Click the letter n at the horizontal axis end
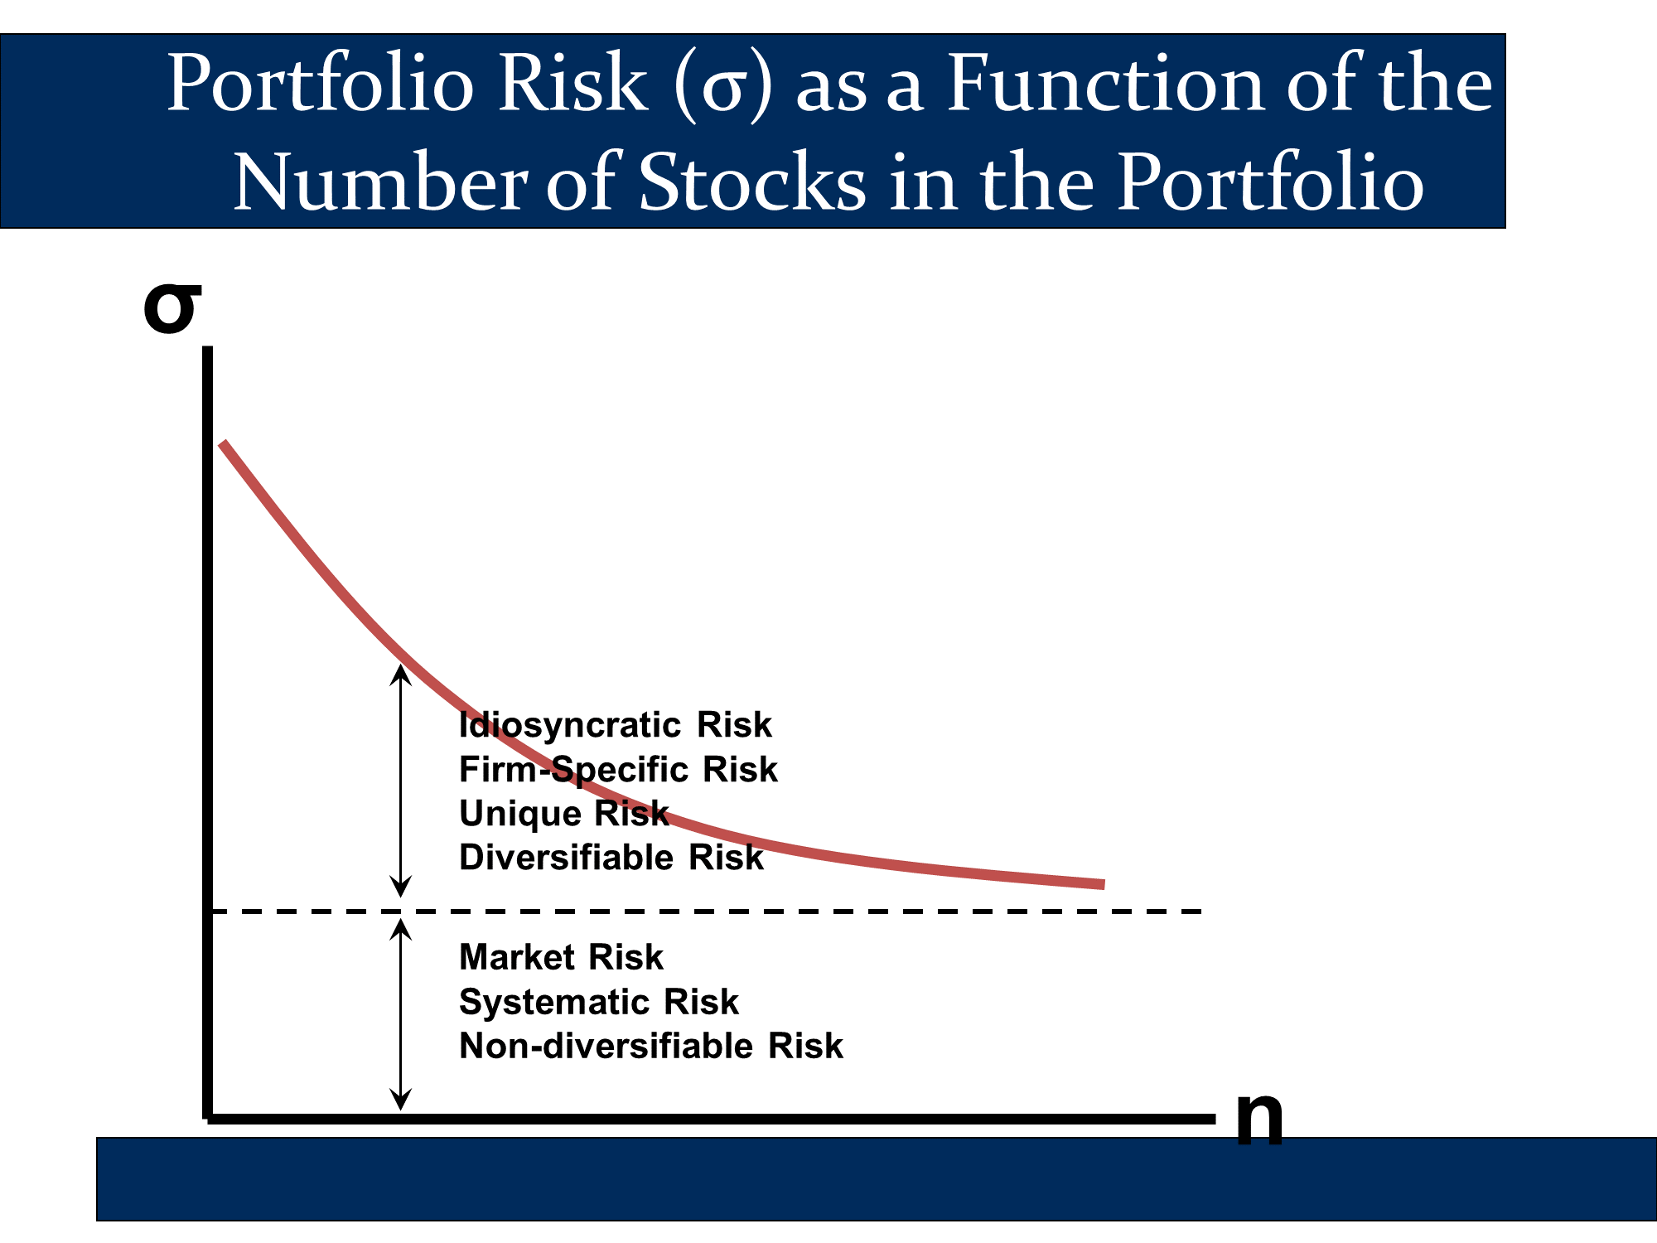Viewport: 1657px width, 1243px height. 1259,1118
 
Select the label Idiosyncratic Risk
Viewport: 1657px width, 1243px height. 616,725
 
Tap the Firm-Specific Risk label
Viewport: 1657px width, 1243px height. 619,770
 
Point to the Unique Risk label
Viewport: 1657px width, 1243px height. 564,814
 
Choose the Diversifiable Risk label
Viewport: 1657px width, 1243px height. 611,858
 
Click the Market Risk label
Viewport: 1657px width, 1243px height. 562,958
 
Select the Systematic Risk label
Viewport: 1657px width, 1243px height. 599,1002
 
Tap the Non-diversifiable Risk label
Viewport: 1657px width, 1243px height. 651,1046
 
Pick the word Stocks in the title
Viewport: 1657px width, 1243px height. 752,182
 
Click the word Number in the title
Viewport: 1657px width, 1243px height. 380,182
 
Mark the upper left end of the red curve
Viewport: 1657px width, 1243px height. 222,443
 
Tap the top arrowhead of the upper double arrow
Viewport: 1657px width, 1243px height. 401,666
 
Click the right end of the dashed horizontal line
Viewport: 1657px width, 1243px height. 1200,912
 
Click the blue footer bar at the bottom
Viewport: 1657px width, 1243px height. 877,1178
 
